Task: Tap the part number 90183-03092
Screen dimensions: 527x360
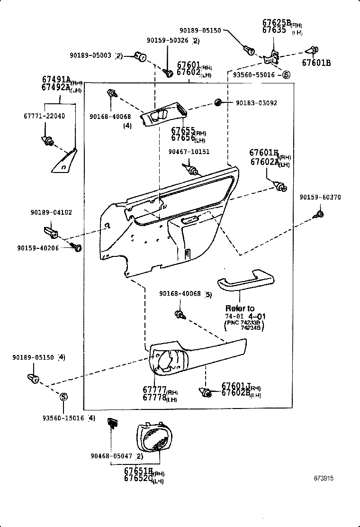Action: point(256,103)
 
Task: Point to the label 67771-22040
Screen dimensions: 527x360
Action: point(44,116)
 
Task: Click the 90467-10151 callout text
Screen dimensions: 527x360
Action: point(189,152)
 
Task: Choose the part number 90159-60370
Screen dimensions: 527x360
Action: point(320,197)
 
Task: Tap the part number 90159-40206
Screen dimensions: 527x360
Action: point(38,248)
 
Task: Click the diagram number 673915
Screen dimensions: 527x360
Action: point(324,479)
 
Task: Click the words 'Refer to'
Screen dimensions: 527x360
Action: point(240,309)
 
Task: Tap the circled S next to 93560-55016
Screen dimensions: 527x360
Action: point(286,74)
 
